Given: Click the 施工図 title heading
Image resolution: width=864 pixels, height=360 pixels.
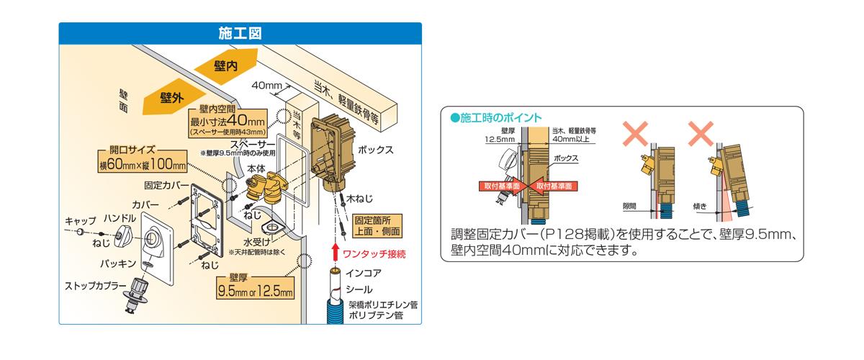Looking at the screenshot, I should point(240,33).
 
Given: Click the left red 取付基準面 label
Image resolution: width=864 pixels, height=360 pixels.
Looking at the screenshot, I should point(498,185).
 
